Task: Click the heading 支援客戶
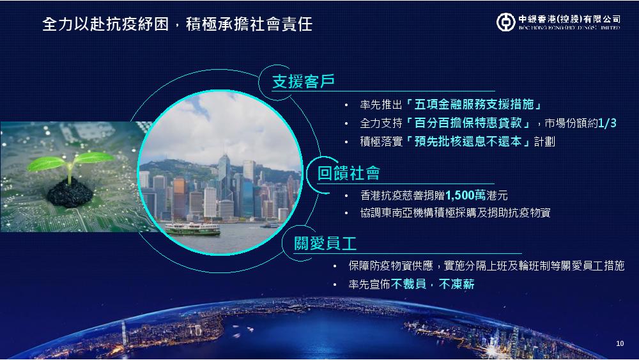coord(304,82)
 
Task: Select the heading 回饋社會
coord(348,173)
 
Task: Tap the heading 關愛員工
coord(325,244)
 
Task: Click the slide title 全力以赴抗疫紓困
coord(105,24)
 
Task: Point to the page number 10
coord(620,343)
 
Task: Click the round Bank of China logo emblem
coord(505,22)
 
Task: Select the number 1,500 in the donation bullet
coord(459,195)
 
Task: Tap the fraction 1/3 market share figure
coord(607,123)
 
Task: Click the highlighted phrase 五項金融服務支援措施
coord(474,104)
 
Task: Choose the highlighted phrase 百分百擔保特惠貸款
coord(468,123)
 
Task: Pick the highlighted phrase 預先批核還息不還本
coord(468,141)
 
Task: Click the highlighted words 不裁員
coord(409,284)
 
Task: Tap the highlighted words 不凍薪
coord(456,284)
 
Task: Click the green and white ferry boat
coord(193,229)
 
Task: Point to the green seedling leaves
coord(70,160)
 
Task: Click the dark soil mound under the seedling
coord(70,194)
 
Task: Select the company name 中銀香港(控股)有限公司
coord(569,19)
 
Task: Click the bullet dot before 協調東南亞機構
coord(346,213)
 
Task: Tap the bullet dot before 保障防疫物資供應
coord(335,266)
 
